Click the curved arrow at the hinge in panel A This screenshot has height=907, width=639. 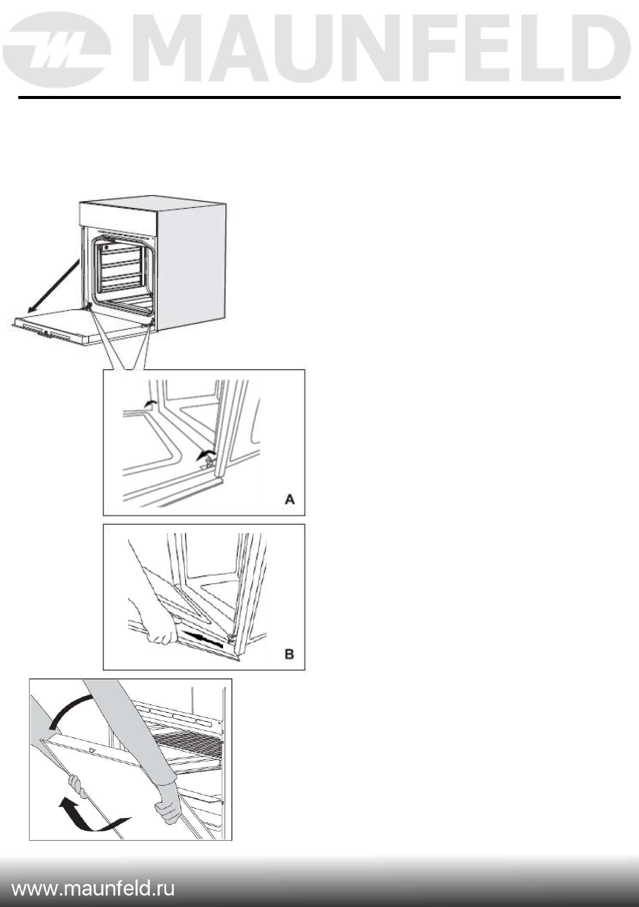(203, 456)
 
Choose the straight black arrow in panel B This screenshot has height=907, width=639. (205, 637)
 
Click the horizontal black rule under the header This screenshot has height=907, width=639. (319, 98)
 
